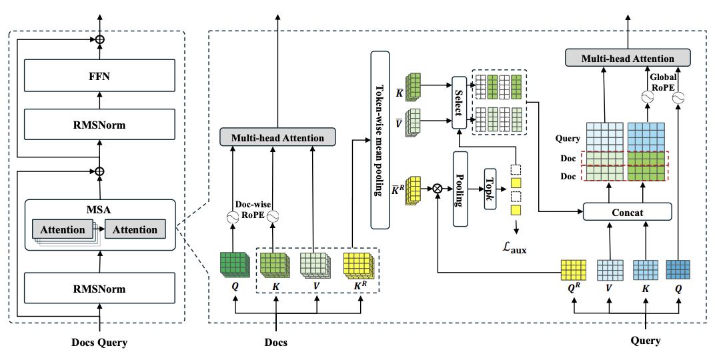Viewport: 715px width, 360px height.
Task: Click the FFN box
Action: pos(99,75)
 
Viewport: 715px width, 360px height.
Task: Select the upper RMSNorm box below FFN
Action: pos(99,125)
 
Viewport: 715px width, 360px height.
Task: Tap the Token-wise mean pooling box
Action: pos(380,140)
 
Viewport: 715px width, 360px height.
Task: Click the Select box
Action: pos(459,103)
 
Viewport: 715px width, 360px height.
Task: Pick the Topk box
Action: pos(490,188)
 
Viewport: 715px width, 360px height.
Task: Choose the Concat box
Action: pos(628,212)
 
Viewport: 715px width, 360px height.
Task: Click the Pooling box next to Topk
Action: pos(460,189)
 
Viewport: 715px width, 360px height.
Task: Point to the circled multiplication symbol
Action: pos(438,188)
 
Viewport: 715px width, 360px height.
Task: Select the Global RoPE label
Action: pos(663,82)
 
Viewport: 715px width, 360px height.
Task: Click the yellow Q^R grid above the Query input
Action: pos(573,270)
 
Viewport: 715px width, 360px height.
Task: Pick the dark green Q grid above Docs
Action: pos(234,264)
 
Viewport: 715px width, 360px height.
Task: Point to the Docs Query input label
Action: pos(99,343)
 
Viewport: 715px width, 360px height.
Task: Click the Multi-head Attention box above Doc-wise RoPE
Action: pos(277,137)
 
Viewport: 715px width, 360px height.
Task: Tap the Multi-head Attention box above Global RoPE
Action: pos(628,58)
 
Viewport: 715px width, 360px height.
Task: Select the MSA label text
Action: pos(99,210)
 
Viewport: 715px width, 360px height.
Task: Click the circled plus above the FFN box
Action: pos(99,39)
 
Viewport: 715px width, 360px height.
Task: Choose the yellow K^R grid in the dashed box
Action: pos(359,266)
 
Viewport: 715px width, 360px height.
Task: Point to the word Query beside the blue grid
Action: pos(568,139)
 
